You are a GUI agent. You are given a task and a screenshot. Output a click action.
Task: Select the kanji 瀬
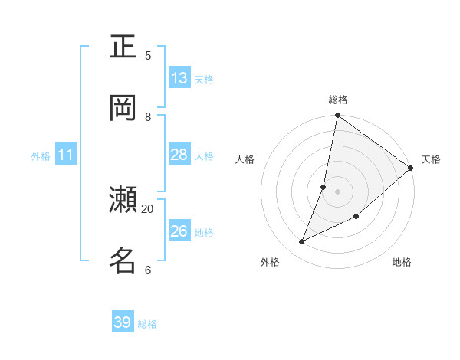(123, 200)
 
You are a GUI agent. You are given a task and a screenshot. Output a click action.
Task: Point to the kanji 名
(123, 260)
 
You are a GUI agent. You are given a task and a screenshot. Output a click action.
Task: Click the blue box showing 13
(179, 78)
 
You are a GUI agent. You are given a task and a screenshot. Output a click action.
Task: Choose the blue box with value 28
(179, 155)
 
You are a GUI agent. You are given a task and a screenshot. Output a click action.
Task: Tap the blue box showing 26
(179, 231)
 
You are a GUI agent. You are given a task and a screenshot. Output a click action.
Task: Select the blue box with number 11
(66, 155)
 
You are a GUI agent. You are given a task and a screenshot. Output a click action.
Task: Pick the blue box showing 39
(123, 322)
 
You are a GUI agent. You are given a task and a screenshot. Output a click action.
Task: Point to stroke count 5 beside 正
(148, 55)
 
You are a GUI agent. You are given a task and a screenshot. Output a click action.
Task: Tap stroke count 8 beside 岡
(148, 116)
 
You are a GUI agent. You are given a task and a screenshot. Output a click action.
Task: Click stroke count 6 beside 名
(148, 270)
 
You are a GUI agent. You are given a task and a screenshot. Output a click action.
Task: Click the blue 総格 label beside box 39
(148, 324)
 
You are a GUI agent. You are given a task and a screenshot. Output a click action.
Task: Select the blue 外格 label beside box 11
(41, 156)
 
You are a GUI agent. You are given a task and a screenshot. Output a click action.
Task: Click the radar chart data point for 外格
(302, 241)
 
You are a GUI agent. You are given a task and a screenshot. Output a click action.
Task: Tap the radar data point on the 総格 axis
(337, 116)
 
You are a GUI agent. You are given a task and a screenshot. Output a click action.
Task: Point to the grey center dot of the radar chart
(337, 191)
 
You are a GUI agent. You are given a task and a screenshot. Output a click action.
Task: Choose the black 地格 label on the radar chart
(402, 262)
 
